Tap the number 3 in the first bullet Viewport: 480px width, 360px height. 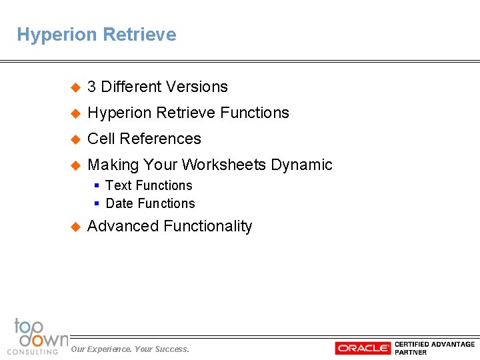pos(92,87)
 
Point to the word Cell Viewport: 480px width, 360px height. pos(101,139)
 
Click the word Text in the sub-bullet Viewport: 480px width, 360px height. pos(119,185)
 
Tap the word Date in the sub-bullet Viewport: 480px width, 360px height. pos(119,203)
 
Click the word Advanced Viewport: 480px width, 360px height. pos(123,226)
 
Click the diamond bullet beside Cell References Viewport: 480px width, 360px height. pos(75,139)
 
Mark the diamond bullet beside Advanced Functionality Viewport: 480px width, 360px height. pos(75,227)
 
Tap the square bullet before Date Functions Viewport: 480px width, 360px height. pos(97,203)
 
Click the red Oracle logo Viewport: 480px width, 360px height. pos(363,348)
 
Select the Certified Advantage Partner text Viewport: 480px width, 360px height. pos(435,348)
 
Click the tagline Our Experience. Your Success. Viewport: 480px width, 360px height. pos(130,349)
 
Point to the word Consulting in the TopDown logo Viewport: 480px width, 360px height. pos(32,351)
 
